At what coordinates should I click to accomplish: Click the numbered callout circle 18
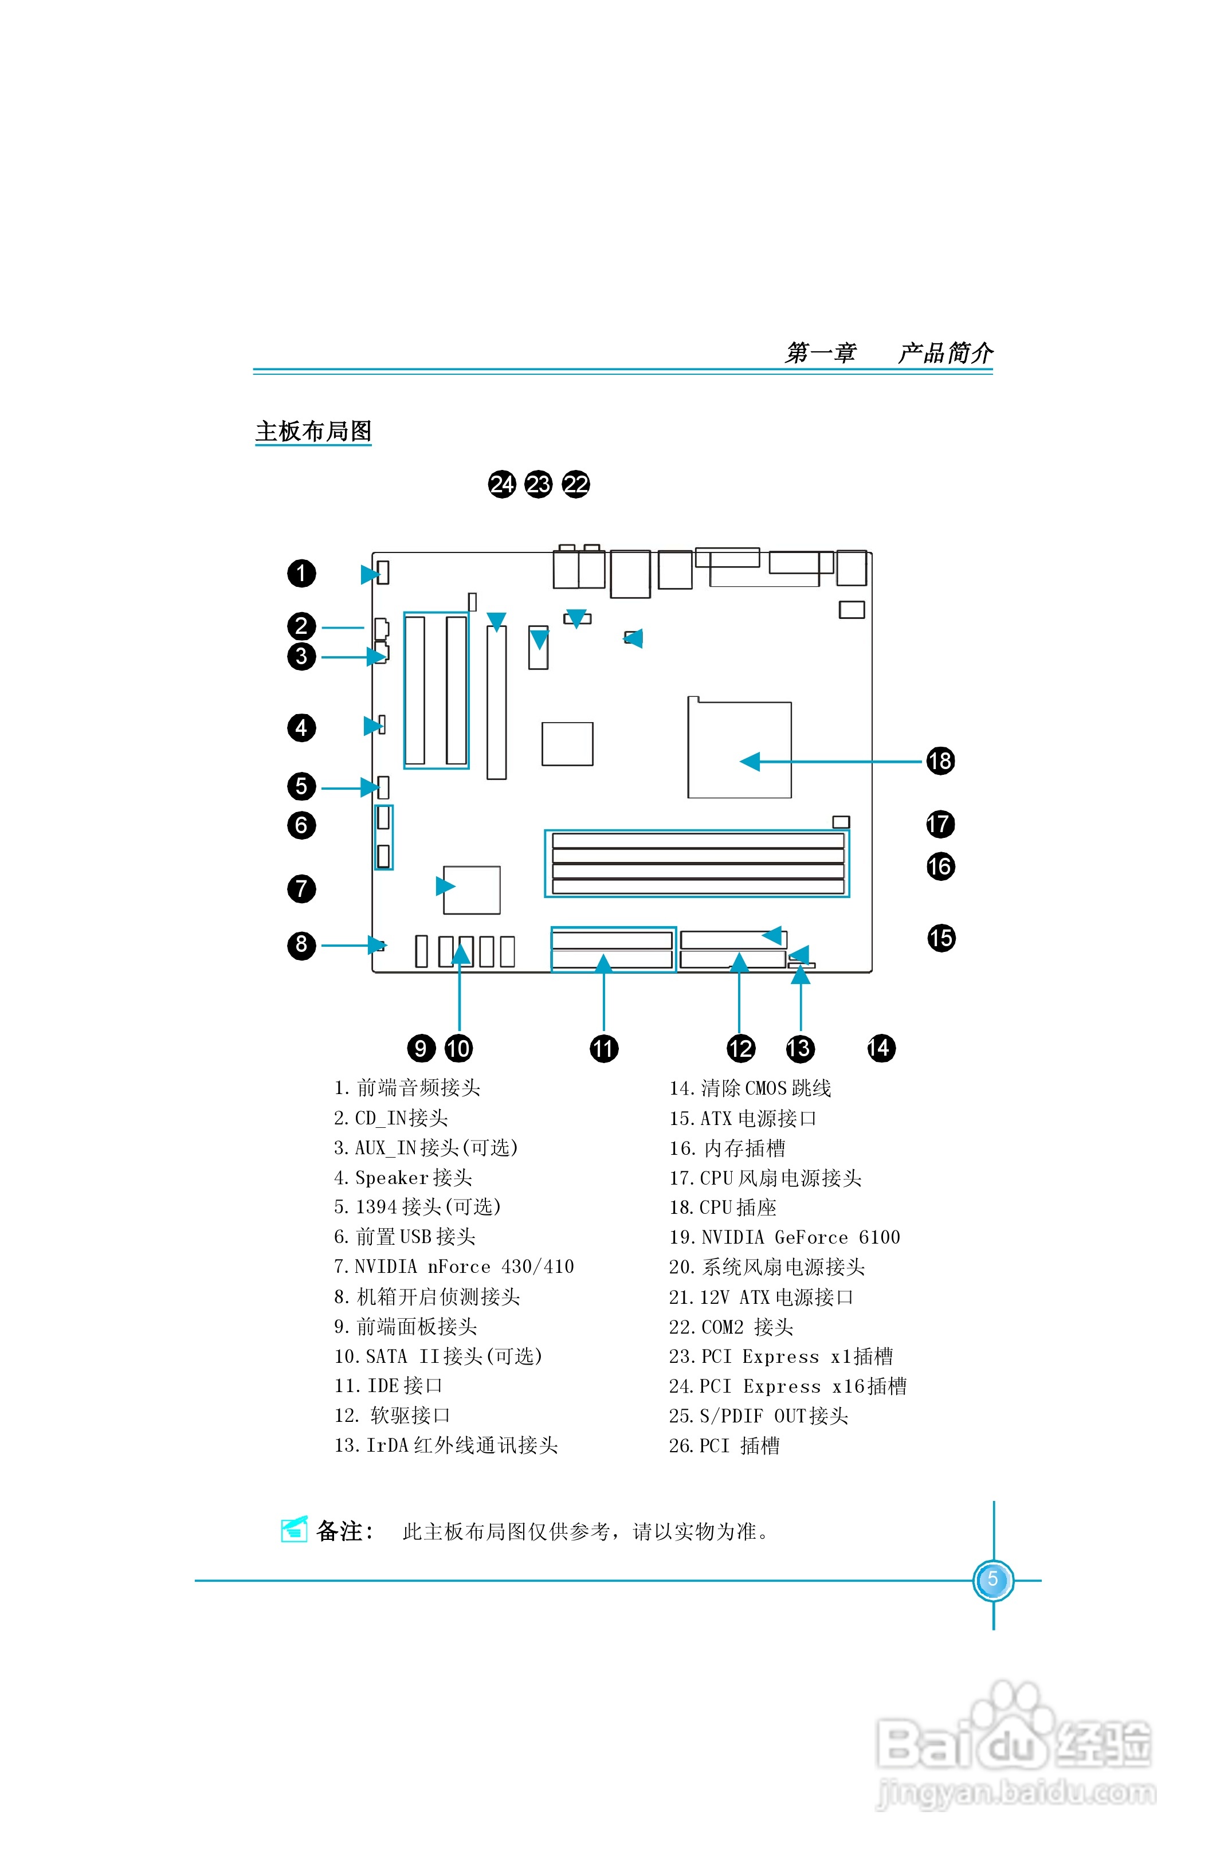[940, 761]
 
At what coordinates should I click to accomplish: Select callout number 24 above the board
[501, 484]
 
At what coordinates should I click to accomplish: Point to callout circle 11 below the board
[603, 1048]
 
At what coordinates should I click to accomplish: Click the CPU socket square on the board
[739, 750]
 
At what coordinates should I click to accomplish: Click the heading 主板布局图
[313, 432]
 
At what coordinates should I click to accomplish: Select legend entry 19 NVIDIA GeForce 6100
[784, 1237]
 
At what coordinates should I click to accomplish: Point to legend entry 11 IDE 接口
[388, 1386]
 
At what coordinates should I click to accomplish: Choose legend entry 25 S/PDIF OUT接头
[758, 1416]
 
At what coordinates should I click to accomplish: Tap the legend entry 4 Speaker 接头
[402, 1178]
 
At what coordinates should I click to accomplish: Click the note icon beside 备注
[294, 1530]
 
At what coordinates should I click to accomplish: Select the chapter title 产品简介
[945, 353]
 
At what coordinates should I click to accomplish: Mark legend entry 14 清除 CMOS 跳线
[750, 1088]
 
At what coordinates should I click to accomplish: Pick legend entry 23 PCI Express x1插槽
[780, 1357]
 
